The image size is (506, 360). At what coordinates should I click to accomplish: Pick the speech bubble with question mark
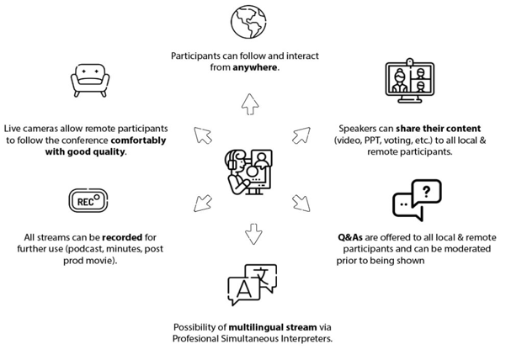416,200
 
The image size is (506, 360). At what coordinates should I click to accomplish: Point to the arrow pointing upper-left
203,135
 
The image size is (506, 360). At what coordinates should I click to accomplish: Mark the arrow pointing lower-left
202,202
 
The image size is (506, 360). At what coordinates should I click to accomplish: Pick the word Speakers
357,129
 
